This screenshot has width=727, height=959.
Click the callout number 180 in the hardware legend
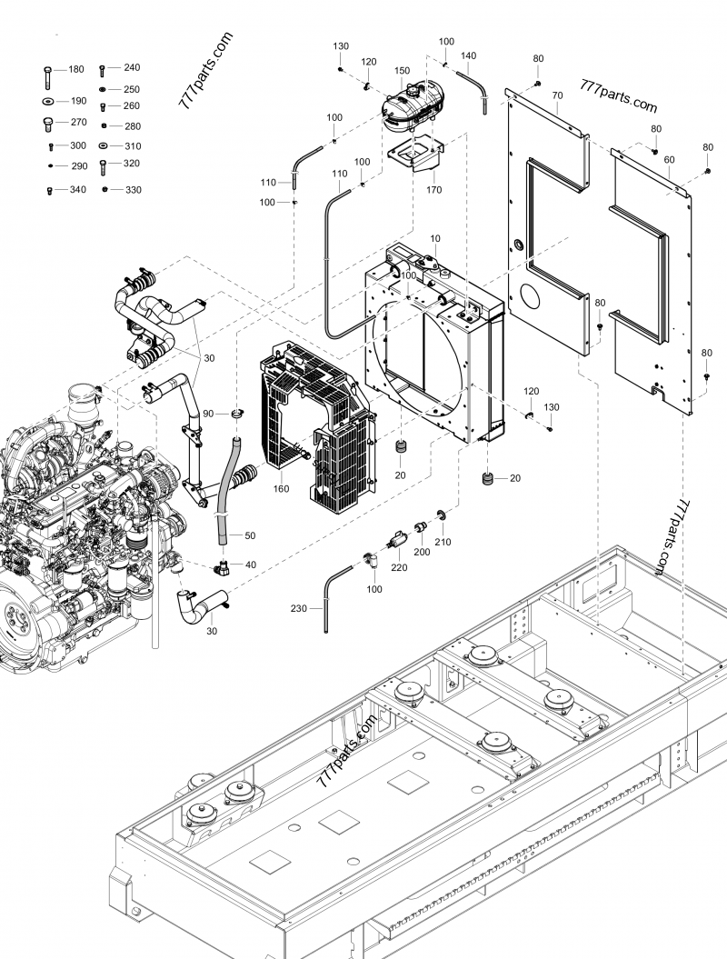[x=76, y=69]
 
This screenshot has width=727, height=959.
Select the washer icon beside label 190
[x=46, y=101]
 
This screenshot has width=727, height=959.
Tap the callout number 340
[x=77, y=190]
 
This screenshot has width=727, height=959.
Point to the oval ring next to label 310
[x=104, y=145]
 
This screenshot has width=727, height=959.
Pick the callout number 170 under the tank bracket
[x=433, y=190]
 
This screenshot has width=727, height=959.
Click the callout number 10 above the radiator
[x=435, y=238]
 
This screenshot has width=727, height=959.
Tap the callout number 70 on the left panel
[x=556, y=95]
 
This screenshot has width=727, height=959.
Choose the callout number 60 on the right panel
[x=669, y=159]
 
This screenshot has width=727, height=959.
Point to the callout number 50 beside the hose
[x=250, y=535]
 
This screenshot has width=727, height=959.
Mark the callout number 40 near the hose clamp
[x=250, y=564]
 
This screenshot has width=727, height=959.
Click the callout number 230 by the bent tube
[x=299, y=609]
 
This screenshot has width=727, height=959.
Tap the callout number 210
[x=443, y=543]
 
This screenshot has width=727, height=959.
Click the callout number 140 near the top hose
[x=468, y=55]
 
